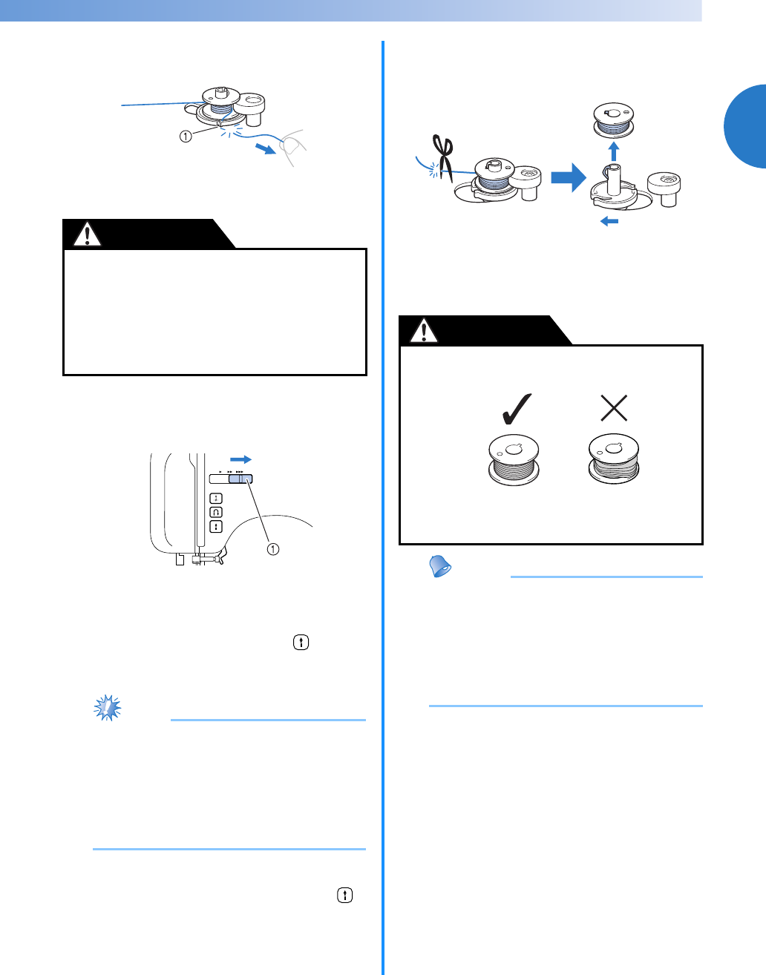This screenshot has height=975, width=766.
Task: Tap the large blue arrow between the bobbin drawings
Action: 569,179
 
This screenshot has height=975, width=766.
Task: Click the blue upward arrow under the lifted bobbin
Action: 613,151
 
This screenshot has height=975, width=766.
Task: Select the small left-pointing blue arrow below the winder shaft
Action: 609,220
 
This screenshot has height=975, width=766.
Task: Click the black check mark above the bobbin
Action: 513,408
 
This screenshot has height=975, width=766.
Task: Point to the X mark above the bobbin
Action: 614,407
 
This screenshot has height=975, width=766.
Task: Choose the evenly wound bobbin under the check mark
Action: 514,461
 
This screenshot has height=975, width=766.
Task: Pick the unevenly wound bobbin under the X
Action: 613,460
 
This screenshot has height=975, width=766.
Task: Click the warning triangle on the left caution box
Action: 88,234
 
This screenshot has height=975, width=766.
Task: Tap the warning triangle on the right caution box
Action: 424,331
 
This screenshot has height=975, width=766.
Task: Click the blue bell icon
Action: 441,568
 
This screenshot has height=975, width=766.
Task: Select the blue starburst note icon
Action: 108,708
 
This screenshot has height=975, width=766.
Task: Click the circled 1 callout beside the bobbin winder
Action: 186,137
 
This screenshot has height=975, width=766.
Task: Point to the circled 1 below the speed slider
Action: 273,549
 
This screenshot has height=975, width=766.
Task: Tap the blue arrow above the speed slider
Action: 240,459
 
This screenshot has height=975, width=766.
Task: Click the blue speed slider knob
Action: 240,479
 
